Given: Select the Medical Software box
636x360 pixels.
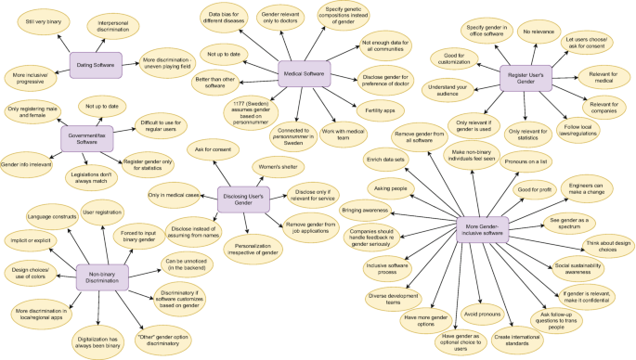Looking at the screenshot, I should (309, 73).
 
